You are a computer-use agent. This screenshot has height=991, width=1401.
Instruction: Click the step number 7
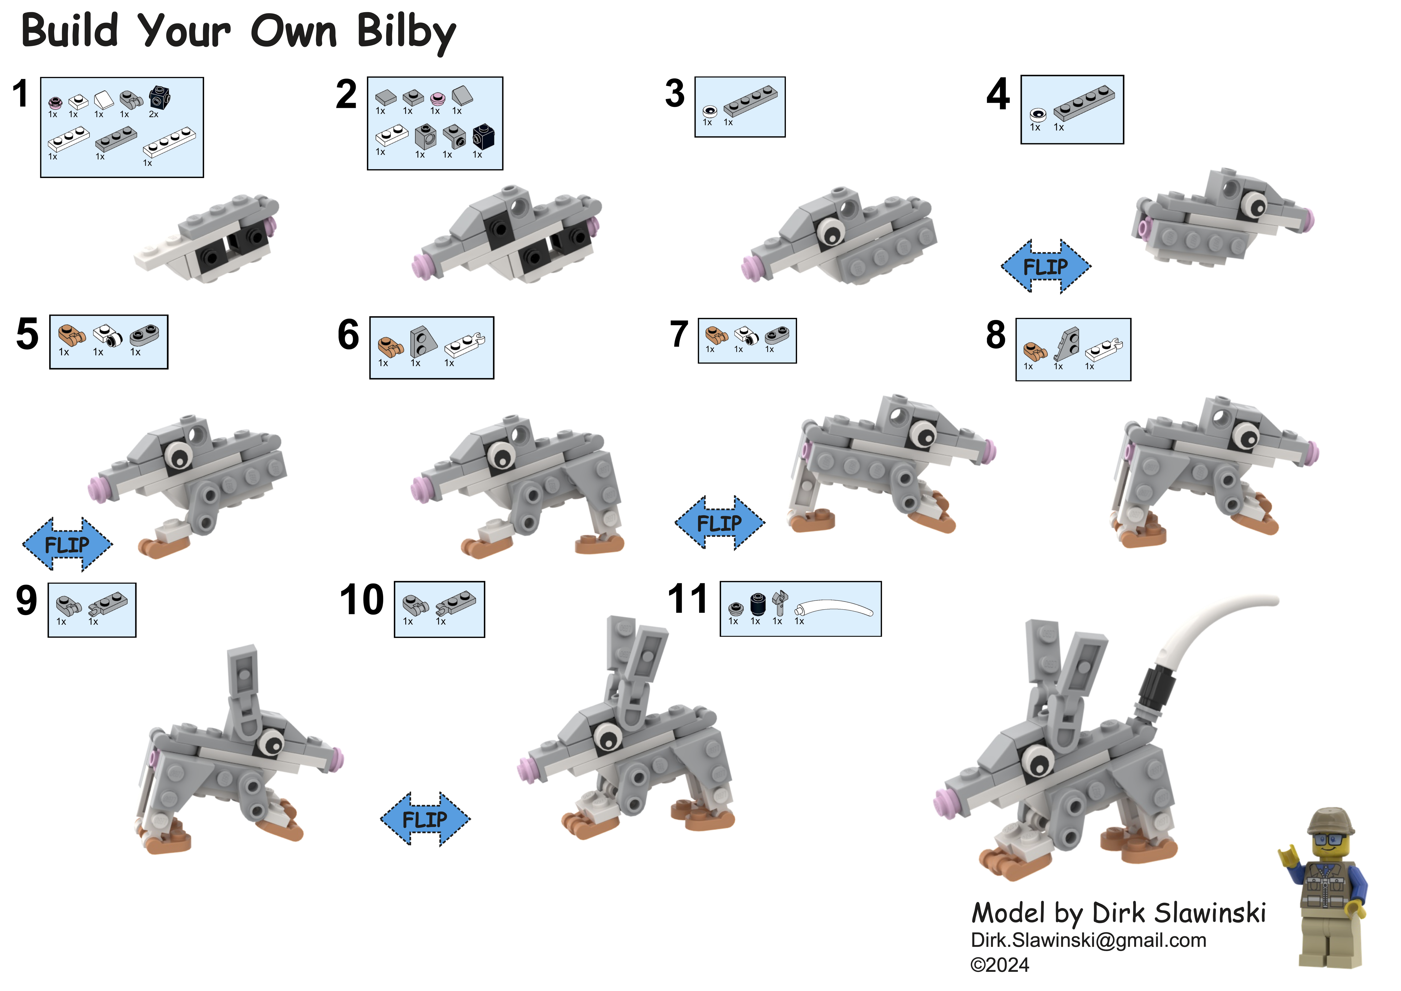click(679, 335)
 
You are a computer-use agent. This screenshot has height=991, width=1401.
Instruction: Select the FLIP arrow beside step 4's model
click(1046, 267)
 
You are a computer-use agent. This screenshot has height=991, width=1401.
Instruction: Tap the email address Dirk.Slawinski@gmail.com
click(1089, 940)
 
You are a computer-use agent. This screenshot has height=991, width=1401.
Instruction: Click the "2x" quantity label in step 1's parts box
click(154, 114)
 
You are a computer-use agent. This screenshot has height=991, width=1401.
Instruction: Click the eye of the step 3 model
click(830, 231)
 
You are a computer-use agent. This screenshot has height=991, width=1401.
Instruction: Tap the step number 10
click(362, 600)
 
